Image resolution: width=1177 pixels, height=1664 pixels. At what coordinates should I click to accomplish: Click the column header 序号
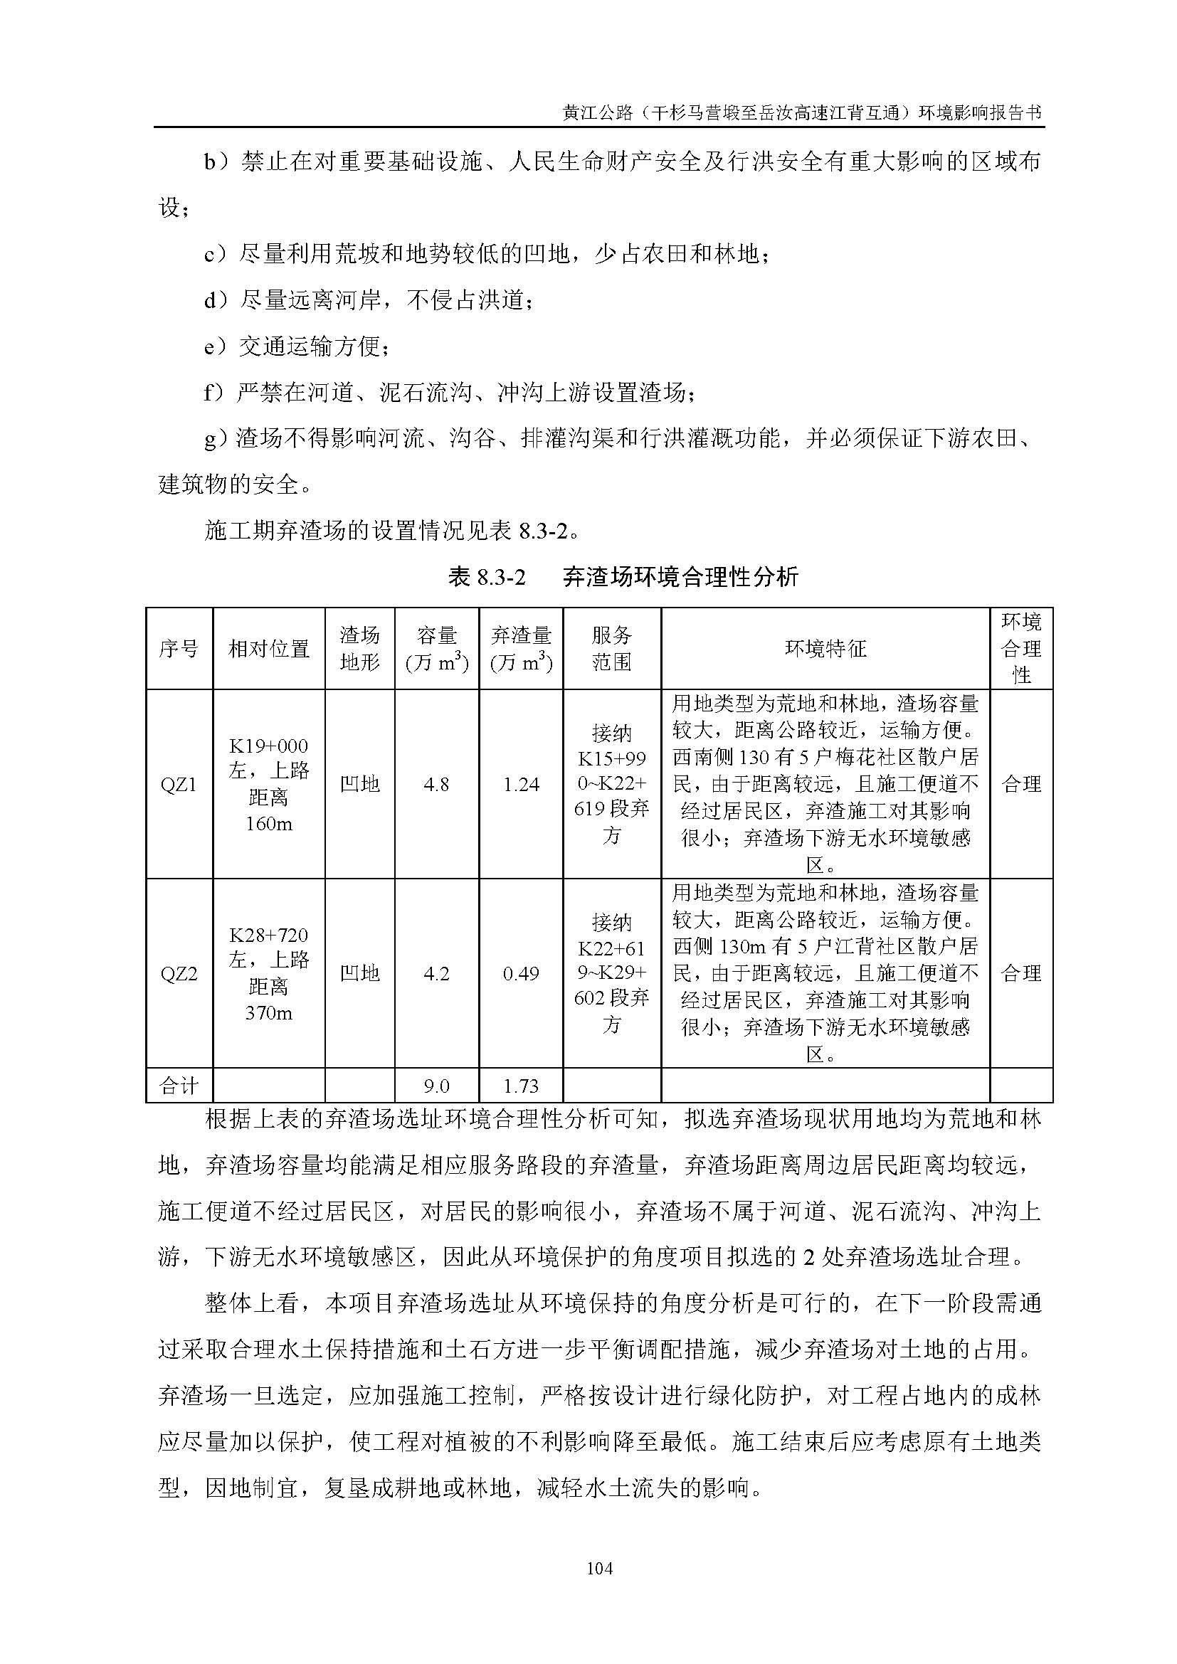pyautogui.click(x=179, y=649)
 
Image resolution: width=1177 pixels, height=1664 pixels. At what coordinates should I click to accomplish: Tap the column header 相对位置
pyautogui.click(x=268, y=649)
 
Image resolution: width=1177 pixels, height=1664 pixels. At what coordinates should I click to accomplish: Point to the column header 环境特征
pyautogui.click(x=825, y=649)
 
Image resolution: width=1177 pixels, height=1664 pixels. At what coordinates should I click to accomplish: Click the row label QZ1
pyautogui.click(x=179, y=784)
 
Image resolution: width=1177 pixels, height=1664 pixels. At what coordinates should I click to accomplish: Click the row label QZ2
pyautogui.click(x=179, y=973)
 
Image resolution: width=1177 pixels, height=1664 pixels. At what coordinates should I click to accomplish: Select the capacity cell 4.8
pyautogui.click(x=436, y=784)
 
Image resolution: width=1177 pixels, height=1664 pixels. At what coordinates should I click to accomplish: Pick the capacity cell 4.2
pyautogui.click(x=436, y=973)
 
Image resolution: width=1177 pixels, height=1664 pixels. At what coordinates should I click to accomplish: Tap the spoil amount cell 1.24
pyautogui.click(x=521, y=784)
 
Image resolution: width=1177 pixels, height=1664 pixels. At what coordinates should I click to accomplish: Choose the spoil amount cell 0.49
pyautogui.click(x=521, y=973)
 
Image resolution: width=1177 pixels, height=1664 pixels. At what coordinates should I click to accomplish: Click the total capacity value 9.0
pyautogui.click(x=436, y=1086)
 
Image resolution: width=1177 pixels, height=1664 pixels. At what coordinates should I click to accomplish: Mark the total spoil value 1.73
pyautogui.click(x=521, y=1086)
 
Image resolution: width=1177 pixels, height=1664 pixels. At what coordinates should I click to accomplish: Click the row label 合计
pyautogui.click(x=179, y=1086)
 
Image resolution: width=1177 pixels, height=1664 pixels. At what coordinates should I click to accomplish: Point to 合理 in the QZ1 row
pyautogui.click(x=1021, y=784)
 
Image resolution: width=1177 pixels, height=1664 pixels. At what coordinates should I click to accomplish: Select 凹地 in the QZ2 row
pyautogui.click(x=359, y=973)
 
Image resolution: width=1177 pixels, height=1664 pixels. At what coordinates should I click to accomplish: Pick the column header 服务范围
pyautogui.click(x=612, y=649)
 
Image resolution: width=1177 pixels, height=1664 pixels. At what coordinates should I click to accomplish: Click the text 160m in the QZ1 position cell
pyautogui.click(x=268, y=824)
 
